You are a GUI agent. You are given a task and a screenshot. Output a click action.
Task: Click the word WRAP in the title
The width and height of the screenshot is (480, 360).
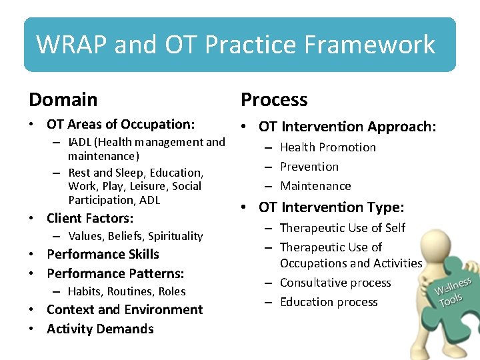tap(72, 45)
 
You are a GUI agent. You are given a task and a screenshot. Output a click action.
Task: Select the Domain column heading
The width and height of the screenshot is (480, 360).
tap(63, 100)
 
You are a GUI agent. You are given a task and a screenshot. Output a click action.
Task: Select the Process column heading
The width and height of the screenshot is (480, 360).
tap(274, 100)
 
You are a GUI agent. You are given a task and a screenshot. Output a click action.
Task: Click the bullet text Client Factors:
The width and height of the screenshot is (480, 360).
tap(90, 218)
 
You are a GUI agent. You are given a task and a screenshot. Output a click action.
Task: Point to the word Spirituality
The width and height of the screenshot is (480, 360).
tap(175, 236)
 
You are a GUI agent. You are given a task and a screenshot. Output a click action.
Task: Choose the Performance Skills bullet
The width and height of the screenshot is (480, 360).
tap(103, 254)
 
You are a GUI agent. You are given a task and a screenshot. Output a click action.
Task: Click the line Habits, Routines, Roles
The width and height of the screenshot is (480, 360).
tap(127, 291)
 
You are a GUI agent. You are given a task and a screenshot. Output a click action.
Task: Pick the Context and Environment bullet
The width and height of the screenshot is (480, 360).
tap(125, 309)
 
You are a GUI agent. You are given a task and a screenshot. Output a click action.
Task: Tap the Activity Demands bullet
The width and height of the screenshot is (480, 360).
tap(100, 329)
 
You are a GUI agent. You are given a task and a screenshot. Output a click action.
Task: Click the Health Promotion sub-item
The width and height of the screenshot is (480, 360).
tap(328, 147)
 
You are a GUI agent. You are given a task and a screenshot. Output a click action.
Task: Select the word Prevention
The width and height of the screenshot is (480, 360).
tap(309, 167)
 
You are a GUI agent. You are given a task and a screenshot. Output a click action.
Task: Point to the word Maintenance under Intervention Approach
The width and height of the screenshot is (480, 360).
tap(315, 186)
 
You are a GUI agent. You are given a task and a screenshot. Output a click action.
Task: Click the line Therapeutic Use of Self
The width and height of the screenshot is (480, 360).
tap(343, 228)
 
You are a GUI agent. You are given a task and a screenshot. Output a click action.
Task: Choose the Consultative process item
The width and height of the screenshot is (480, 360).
tap(335, 283)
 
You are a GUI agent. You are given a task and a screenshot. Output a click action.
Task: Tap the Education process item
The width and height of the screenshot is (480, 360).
tap(329, 302)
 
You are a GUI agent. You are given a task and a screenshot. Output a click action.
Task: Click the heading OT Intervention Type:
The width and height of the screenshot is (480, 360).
tap(331, 207)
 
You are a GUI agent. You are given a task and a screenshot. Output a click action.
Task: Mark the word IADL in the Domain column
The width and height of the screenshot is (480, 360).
tap(81, 142)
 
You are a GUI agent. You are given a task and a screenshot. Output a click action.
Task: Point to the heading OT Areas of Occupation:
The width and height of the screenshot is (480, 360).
tap(121, 124)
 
